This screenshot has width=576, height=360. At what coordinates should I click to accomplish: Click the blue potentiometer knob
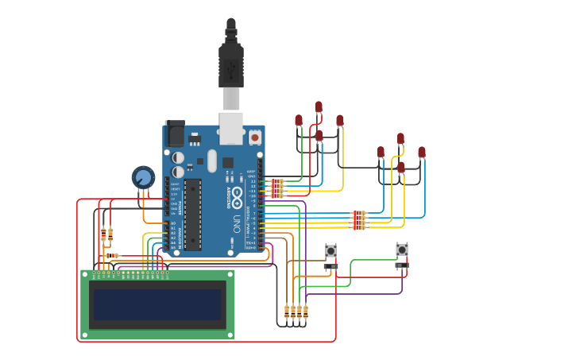[143, 176]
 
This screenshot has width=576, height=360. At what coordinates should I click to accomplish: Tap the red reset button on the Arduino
[254, 137]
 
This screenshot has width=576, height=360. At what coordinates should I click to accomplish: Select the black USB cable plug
[230, 64]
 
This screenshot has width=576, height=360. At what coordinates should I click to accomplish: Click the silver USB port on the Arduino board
[230, 127]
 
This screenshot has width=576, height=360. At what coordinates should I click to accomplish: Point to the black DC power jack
[175, 133]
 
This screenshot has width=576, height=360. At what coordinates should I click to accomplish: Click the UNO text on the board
[238, 223]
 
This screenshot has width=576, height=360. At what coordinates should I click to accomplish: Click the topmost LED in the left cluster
[319, 106]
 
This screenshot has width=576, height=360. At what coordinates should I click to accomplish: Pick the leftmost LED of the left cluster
[299, 120]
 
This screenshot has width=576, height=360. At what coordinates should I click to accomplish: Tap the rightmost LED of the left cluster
[340, 121]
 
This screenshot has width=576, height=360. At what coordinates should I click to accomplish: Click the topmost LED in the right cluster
[400, 138]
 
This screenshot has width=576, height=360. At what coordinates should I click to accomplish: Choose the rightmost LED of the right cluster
[422, 152]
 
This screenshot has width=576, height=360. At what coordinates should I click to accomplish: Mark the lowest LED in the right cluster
[401, 168]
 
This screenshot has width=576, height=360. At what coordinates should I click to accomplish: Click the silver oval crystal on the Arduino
[212, 160]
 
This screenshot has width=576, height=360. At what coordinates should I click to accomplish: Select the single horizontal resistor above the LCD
[112, 255]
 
